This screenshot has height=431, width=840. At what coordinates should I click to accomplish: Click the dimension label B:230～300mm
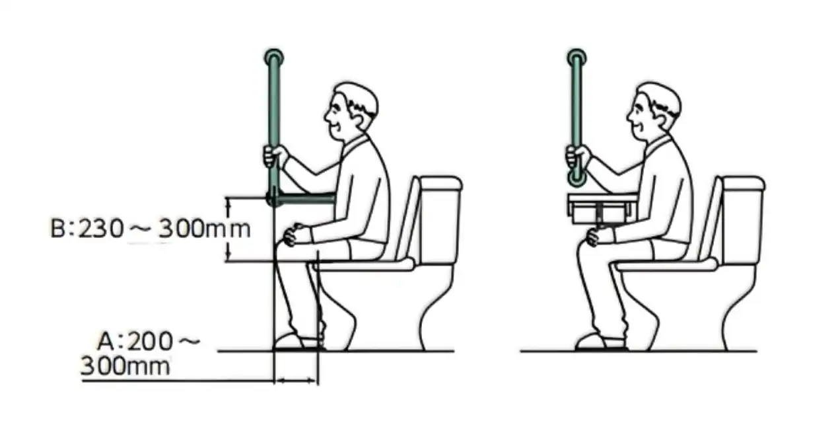tap(151, 229)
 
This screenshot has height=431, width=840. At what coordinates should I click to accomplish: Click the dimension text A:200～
tap(149, 341)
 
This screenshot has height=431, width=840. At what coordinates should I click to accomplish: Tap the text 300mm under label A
tap(125, 366)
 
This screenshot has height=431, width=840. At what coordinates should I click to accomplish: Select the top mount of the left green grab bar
tap(274, 58)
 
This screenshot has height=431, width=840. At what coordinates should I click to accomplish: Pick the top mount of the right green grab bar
tap(577, 58)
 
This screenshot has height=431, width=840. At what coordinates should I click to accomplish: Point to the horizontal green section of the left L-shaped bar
tap(306, 198)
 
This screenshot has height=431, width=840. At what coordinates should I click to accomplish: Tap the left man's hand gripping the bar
tap(275, 156)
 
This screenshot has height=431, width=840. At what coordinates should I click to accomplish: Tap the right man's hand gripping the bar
tap(578, 156)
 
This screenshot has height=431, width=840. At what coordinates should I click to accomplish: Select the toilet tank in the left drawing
tap(440, 219)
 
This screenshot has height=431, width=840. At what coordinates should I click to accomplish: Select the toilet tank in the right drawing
tap(742, 219)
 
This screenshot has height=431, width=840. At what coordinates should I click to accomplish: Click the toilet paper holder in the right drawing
tap(601, 209)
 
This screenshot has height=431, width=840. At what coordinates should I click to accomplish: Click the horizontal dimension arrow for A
tap(297, 381)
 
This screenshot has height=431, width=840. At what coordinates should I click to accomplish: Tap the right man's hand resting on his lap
tap(599, 237)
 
